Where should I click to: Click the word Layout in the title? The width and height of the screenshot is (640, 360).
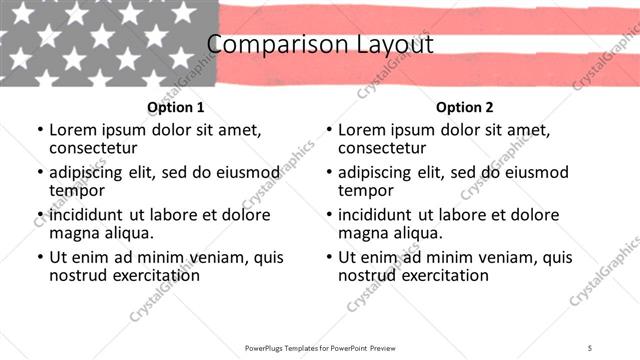[x=384, y=45]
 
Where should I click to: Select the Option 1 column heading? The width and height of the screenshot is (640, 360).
[x=176, y=107]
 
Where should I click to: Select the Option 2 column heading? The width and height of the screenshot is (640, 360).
[x=465, y=107]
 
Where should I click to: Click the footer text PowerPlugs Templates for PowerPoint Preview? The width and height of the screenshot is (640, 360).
[x=319, y=347]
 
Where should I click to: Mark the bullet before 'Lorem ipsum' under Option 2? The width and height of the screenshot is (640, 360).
[x=328, y=130]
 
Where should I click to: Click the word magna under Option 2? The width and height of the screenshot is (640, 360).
[x=365, y=232]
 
